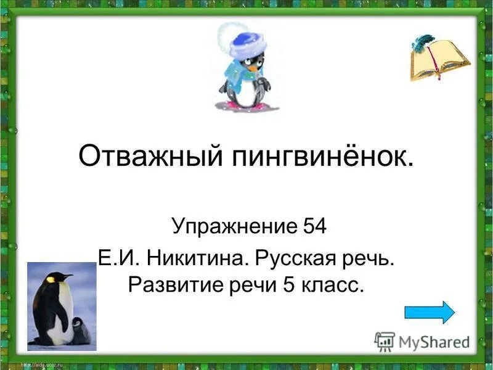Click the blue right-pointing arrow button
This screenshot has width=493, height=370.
click(429, 311)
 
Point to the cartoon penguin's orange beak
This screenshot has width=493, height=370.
click(252, 68)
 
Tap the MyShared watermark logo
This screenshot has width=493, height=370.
click(422, 340)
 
